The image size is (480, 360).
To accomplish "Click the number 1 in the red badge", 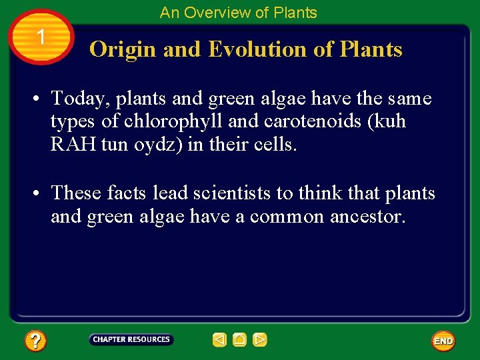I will [41, 38].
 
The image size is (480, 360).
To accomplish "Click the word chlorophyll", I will [174, 122].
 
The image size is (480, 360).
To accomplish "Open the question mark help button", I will [35, 341].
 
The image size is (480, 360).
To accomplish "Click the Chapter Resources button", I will [131, 340].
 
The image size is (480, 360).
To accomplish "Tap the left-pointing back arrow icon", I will [219, 340].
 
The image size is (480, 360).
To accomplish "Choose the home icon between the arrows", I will [240, 340].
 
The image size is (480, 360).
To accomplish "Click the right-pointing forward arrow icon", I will [260, 340].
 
